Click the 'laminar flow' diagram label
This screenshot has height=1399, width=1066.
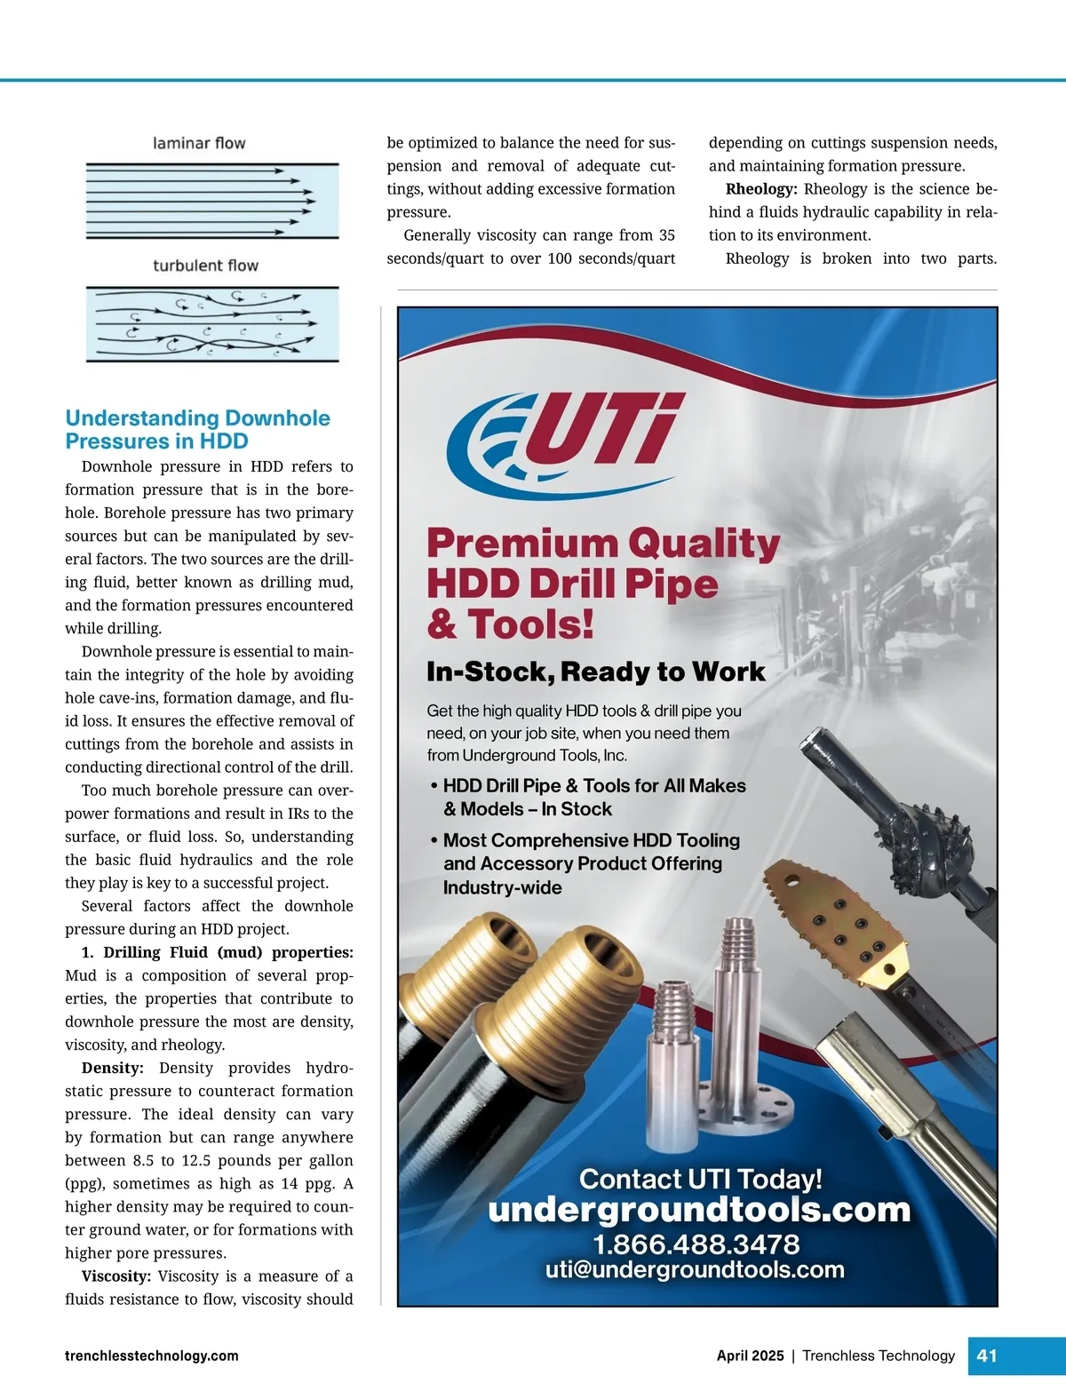[199, 143]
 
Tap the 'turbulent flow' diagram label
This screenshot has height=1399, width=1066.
[205, 266]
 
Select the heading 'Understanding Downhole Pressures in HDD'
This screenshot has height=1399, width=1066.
[197, 430]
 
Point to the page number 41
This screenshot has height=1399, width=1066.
[987, 1355]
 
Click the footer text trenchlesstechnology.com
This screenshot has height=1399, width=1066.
[152, 1355]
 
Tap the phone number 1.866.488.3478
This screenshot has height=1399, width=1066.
[696, 1244]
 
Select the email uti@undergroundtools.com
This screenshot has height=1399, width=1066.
[695, 1269]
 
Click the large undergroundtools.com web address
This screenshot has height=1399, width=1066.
[699, 1210]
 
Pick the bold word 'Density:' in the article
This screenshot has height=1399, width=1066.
[113, 1068]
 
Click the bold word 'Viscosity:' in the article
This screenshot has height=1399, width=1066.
[116, 1276]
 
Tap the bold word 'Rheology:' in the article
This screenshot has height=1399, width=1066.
[761, 189]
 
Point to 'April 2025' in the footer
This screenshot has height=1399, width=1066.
[750, 1355]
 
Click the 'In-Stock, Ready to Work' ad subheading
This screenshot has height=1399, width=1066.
[595, 672]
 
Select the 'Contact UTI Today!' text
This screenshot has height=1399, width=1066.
[700, 1179]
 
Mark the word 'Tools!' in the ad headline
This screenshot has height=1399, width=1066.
[530, 624]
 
